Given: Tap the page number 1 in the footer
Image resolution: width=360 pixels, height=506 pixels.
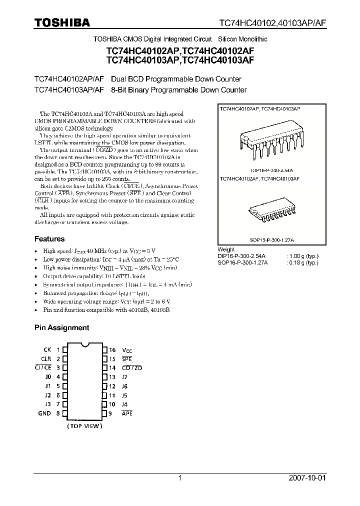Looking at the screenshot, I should click(x=180, y=478).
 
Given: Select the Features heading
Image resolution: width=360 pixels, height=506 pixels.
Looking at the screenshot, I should click(x=49, y=239).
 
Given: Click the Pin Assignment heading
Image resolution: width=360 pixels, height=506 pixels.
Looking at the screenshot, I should click(x=61, y=327).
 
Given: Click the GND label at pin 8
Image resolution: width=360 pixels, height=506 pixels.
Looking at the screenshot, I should click(x=44, y=413).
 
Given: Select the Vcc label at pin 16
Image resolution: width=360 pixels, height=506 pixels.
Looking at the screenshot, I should click(x=127, y=350).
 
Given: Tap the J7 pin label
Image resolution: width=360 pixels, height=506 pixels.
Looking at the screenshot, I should click(x=124, y=376).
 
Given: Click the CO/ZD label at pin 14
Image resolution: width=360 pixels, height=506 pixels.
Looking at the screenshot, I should click(x=132, y=367).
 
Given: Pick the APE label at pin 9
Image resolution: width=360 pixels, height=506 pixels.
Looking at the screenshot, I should click(x=127, y=413).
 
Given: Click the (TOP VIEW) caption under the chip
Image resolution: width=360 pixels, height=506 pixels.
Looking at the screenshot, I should click(x=84, y=426).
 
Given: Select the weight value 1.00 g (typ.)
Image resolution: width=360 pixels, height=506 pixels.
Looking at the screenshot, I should click(x=303, y=256).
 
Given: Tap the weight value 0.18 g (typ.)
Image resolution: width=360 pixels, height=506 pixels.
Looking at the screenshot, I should click(x=303, y=262).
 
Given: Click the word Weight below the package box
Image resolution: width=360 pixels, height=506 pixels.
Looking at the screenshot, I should click(x=226, y=249).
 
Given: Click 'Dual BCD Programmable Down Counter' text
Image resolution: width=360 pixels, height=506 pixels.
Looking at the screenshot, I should click(x=176, y=79).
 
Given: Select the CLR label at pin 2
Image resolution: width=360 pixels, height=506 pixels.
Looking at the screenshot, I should click(x=46, y=358).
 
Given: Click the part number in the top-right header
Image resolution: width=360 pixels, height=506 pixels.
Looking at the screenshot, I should click(x=273, y=22).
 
